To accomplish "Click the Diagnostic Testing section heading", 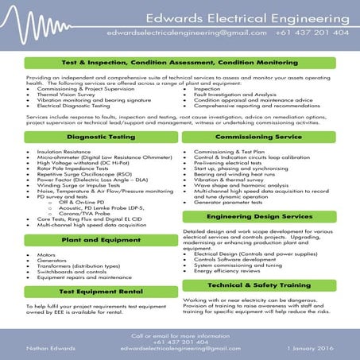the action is [92, 137].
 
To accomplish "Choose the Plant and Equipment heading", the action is [92, 238].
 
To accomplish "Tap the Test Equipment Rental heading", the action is [92, 291].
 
